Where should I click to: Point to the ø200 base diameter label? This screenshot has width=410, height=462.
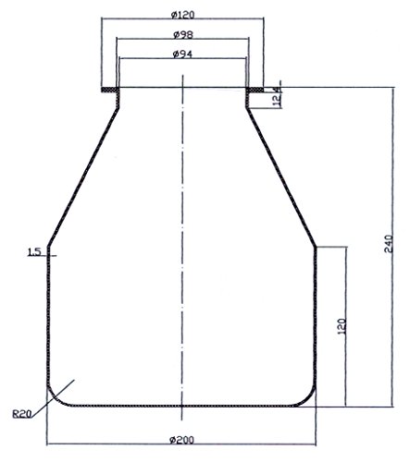181,437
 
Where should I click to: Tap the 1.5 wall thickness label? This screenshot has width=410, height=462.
34,251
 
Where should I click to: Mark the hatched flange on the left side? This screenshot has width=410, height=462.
108,89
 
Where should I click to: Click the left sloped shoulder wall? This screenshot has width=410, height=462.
81,176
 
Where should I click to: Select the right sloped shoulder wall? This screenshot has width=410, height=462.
281,176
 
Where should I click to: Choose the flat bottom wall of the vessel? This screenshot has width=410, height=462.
182,406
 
